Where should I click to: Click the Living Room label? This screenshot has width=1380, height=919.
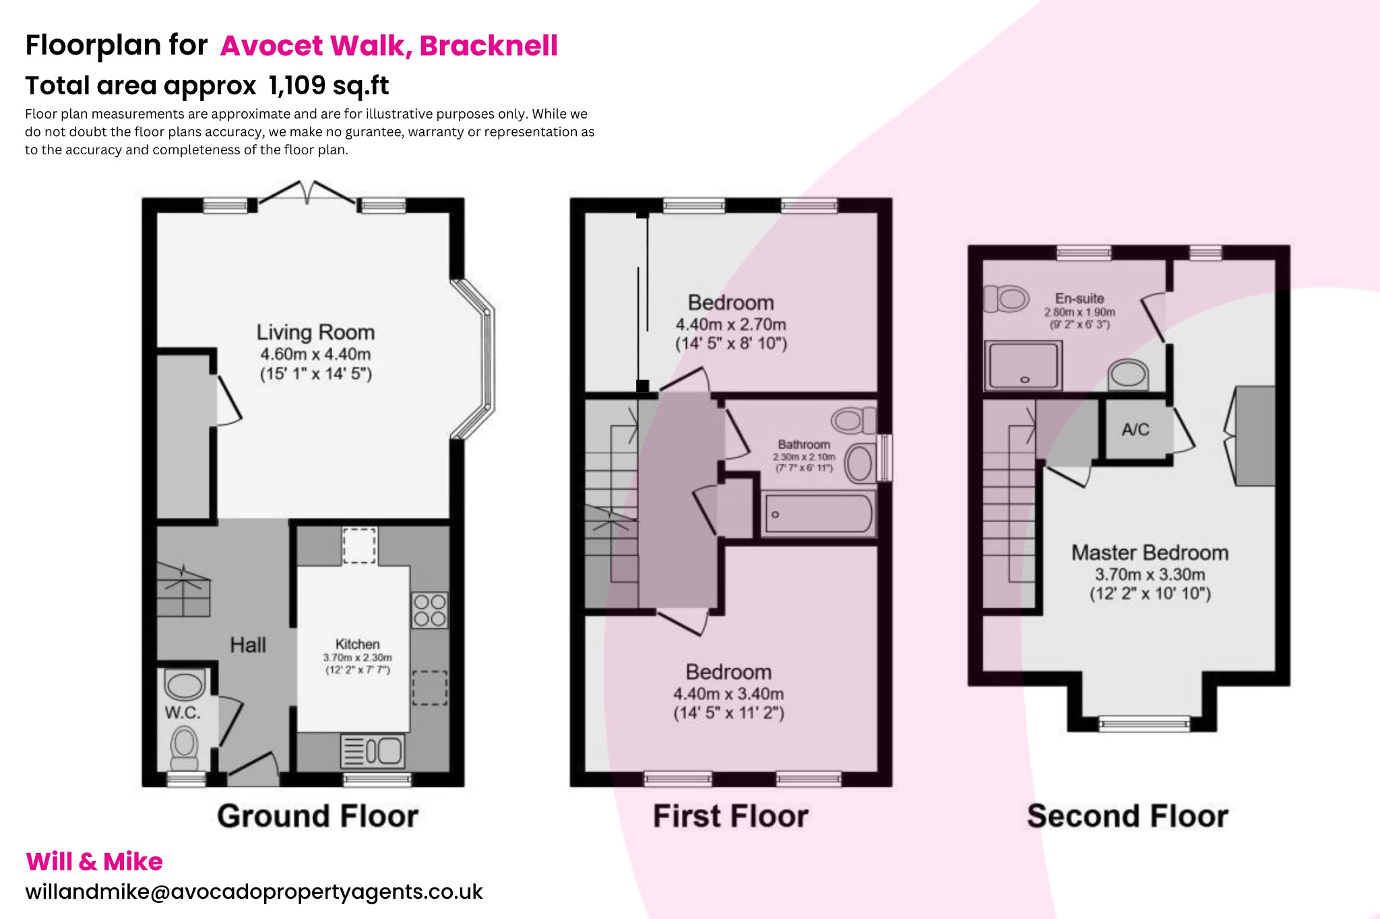(x=315, y=332)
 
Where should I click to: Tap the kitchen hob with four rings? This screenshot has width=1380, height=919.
(x=429, y=610)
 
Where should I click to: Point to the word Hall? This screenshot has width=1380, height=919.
(x=248, y=645)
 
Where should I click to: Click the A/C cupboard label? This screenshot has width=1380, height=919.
(x=1135, y=429)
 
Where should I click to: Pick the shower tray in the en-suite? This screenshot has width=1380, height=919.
(x=1023, y=366)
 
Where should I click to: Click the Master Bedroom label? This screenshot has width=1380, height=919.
(x=1150, y=553)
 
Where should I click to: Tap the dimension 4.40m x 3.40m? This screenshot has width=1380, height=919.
(x=728, y=693)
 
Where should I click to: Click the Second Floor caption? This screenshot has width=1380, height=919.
(x=1127, y=816)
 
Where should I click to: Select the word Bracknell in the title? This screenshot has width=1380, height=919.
(x=489, y=46)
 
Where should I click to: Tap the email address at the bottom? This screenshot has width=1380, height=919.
(x=254, y=892)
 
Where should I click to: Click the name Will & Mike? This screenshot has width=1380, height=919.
(x=94, y=862)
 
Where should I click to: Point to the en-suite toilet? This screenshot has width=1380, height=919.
(x=1007, y=298)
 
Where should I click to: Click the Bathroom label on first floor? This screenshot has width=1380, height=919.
(x=804, y=445)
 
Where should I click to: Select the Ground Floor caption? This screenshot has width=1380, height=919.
(x=317, y=816)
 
